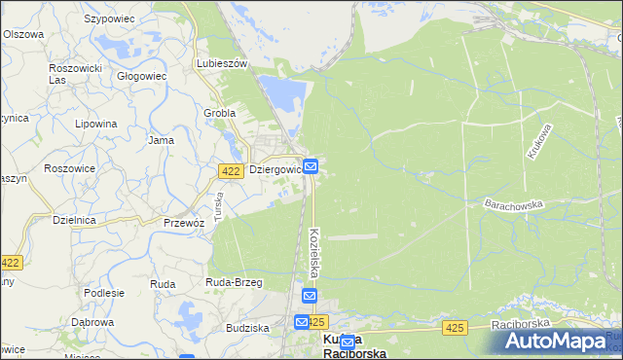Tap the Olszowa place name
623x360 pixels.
click(x=23, y=34)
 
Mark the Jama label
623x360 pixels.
click(x=161, y=140)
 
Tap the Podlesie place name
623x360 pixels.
click(x=104, y=293)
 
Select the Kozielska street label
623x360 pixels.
click(x=315, y=251)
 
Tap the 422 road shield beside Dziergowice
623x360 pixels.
click(x=230, y=170)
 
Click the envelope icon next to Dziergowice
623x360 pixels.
click(x=310, y=167)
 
